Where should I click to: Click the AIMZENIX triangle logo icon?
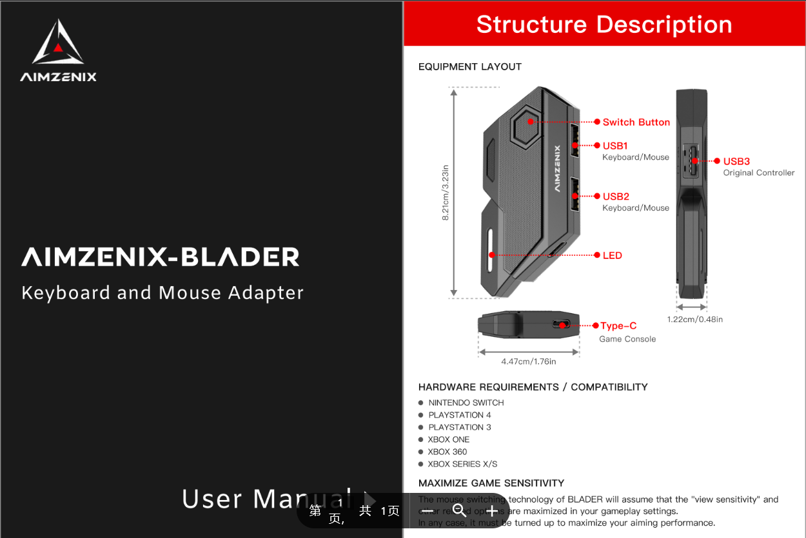pos(58,43)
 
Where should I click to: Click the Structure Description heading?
pos(604,24)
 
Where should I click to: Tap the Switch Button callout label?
pos(636,122)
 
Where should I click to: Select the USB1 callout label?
pos(615,146)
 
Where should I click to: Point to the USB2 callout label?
pos(616,197)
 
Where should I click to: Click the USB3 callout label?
pos(736,161)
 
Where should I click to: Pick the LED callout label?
pos(612,255)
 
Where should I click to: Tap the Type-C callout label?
pos(618,326)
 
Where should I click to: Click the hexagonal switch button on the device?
pos(530,121)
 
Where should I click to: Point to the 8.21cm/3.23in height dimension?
pos(446,193)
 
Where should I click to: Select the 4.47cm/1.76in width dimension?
pos(529,361)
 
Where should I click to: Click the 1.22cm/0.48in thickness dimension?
pos(694,320)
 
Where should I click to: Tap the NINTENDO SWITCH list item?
pos(466,403)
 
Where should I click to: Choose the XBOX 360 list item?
pos(447,452)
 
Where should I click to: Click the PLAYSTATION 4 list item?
pos(460,415)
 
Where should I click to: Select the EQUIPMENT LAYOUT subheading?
pos(470,66)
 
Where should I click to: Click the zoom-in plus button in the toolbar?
pos(491,511)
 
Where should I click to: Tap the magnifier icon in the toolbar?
pos(459,511)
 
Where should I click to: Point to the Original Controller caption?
pos(759,173)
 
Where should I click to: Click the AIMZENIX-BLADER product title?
pos(161,257)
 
